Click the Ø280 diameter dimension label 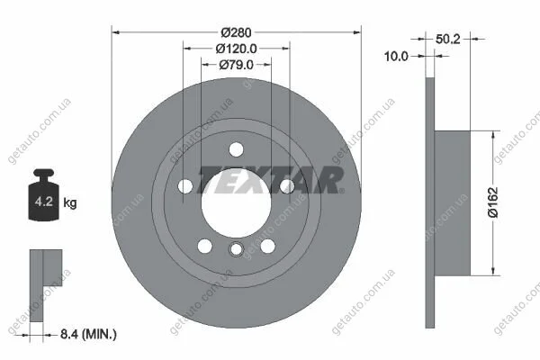[x=236, y=32]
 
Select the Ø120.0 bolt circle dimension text [x=236, y=49]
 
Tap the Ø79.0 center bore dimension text [x=236, y=65]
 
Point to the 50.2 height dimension [x=447, y=39]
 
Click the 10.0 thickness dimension [x=396, y=56]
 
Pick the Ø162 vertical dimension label [x=493, y=202]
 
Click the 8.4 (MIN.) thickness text [x=88, y=334]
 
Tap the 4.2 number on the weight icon [x=44, y=202]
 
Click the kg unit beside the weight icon [x=70, y=202]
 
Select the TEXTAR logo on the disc [x=270, y=180]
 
